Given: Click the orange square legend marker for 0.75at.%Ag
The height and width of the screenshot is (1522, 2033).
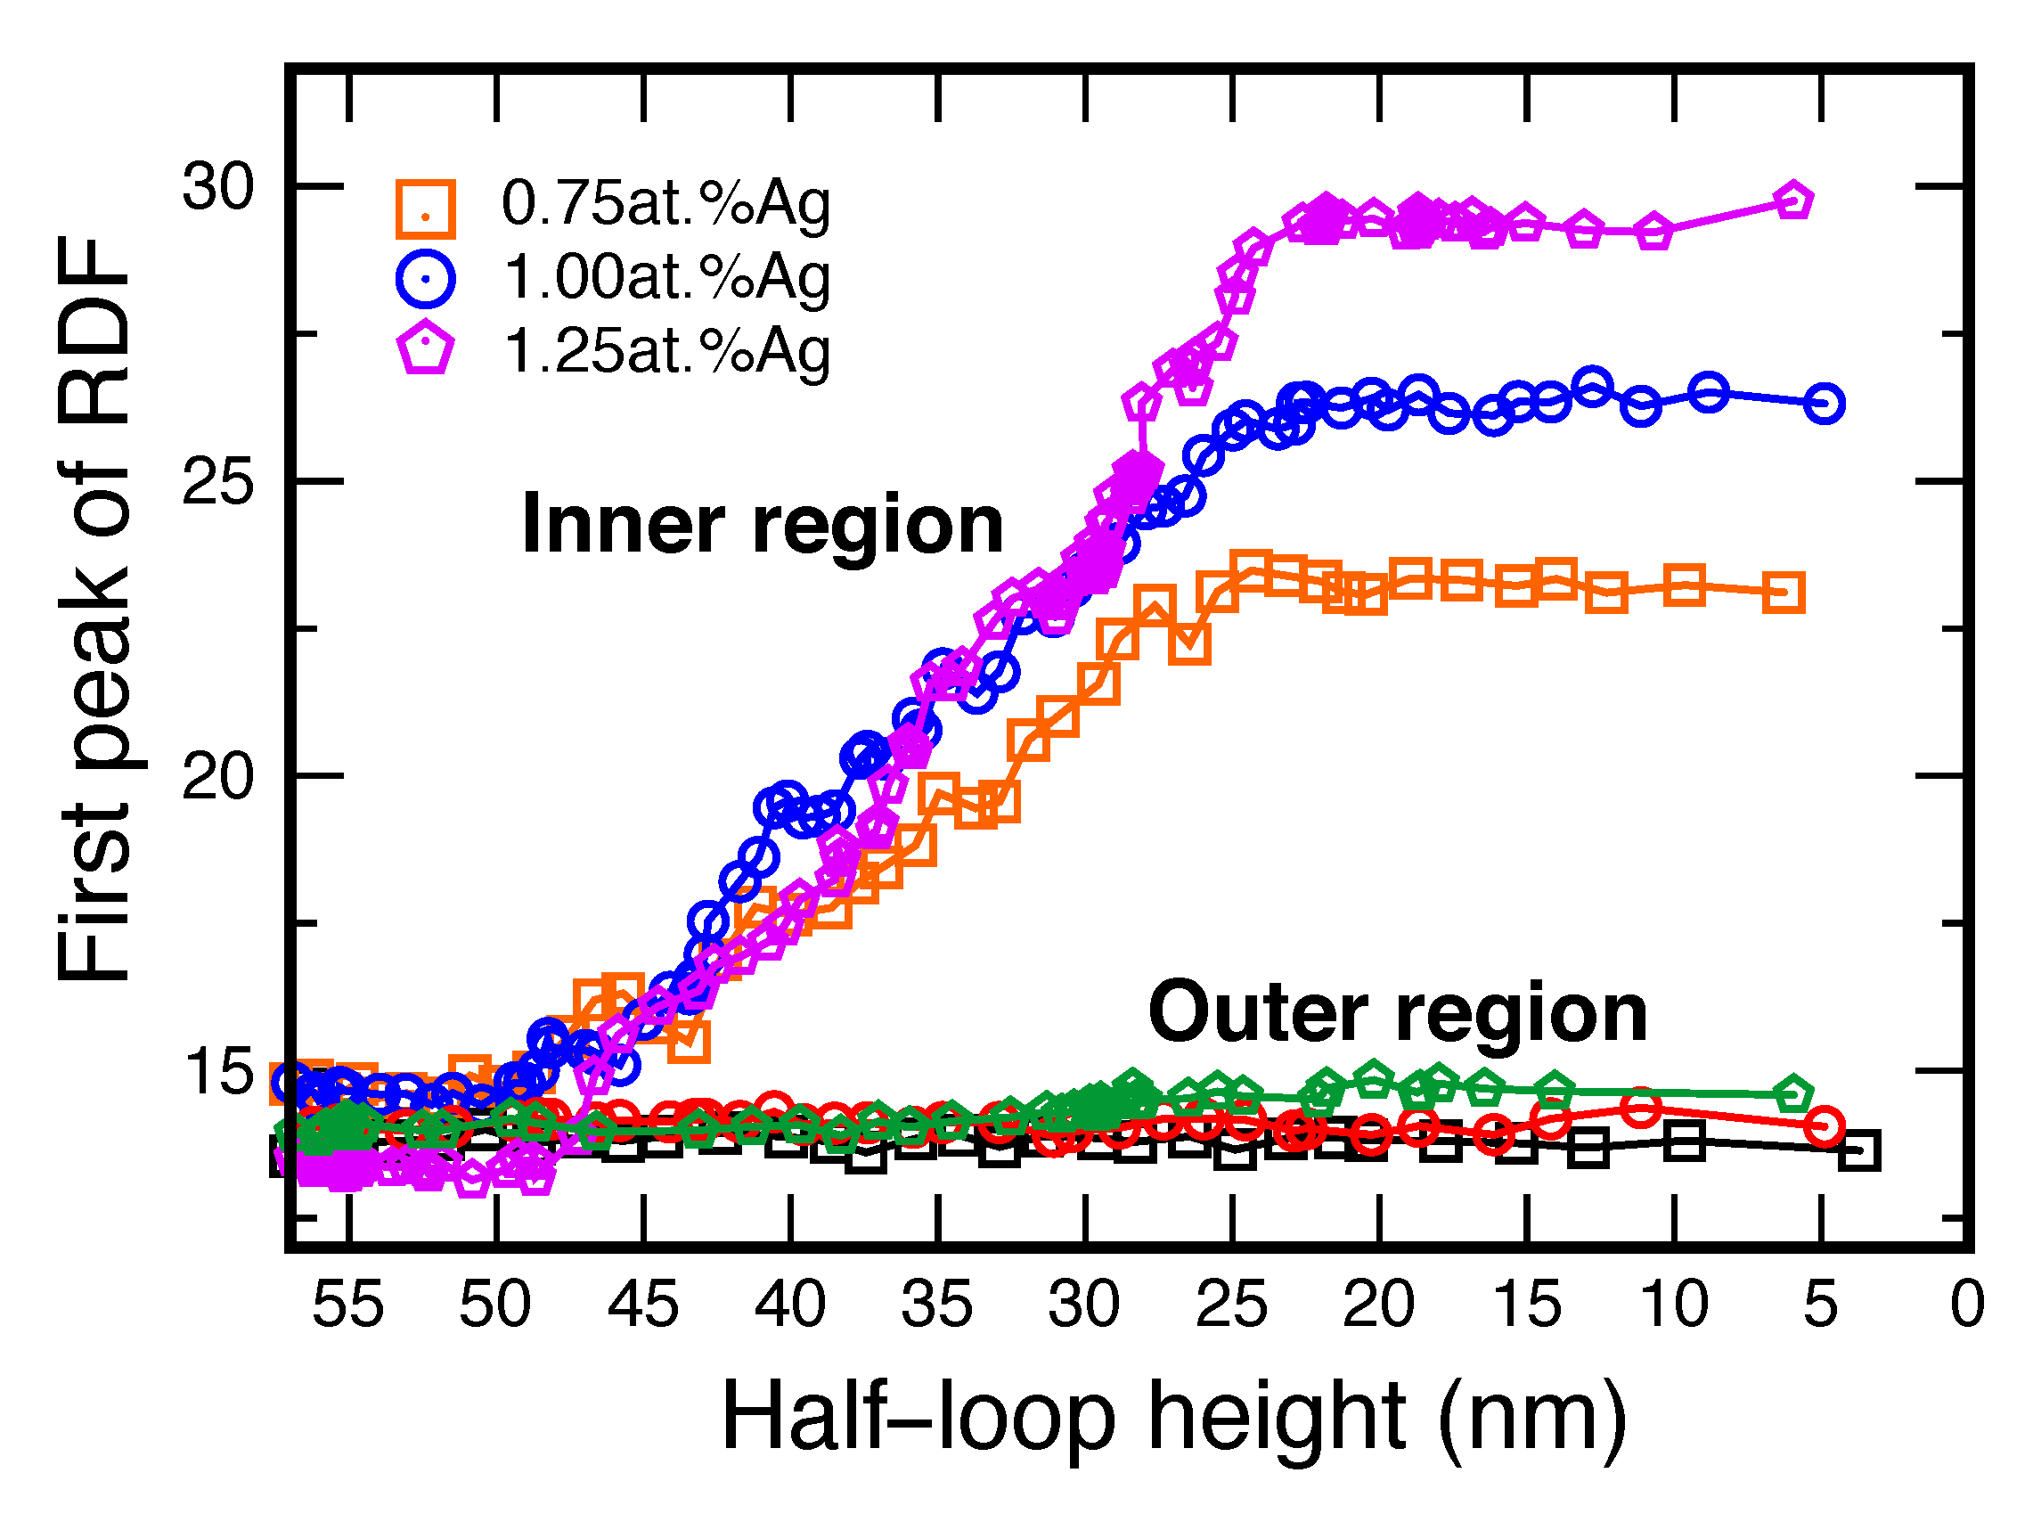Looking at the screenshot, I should (425, 209).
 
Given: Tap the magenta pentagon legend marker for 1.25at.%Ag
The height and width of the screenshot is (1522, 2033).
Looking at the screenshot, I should (425, 348).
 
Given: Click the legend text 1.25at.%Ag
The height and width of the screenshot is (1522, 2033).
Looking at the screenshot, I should (667, 350).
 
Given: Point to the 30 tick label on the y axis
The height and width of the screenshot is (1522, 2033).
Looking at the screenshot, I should (216, 186).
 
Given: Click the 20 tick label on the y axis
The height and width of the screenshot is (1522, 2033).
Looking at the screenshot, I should (216, 777).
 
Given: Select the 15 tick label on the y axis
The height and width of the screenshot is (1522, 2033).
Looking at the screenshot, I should (216, 1072).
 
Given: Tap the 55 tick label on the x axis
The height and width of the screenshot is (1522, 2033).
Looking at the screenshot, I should (347, 1305).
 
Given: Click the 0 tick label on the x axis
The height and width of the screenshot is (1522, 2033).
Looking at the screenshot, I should (1967, 1305).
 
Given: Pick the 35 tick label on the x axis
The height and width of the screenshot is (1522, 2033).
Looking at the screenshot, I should (936, 1305).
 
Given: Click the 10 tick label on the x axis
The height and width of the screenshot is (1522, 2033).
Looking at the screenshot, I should (1674, 1305).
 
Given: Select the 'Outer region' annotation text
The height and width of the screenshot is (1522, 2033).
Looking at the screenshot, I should (1397, 1013).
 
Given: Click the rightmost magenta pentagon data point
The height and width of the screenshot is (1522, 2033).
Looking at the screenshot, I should (1794, 200).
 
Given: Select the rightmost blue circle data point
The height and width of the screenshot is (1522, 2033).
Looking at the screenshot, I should (1825, 404).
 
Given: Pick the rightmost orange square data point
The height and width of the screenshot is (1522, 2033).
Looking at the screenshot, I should (1784, 593).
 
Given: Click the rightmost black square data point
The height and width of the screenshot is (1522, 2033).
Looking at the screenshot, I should (1859, 1150).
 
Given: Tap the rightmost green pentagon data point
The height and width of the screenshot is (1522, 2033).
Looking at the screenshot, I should (1793, 1094).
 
